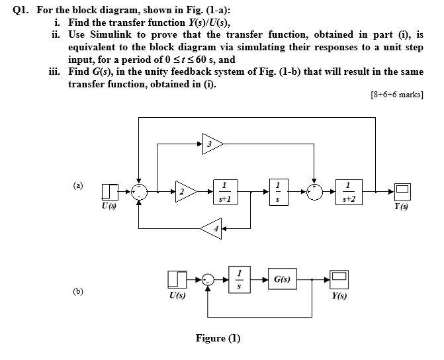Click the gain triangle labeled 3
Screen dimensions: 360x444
(x=210, y=144)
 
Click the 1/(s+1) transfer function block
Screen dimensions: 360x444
(x=226, y=192)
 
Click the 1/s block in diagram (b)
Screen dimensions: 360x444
(x=240, y=281)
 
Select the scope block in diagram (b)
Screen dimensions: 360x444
(x=339, y=280)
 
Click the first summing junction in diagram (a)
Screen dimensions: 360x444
(x=138, y=192)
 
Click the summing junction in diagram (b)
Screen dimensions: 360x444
(x=208, y=280)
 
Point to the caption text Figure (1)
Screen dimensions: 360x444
(x=218, y=338)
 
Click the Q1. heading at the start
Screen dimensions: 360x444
(x=13, y=9)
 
